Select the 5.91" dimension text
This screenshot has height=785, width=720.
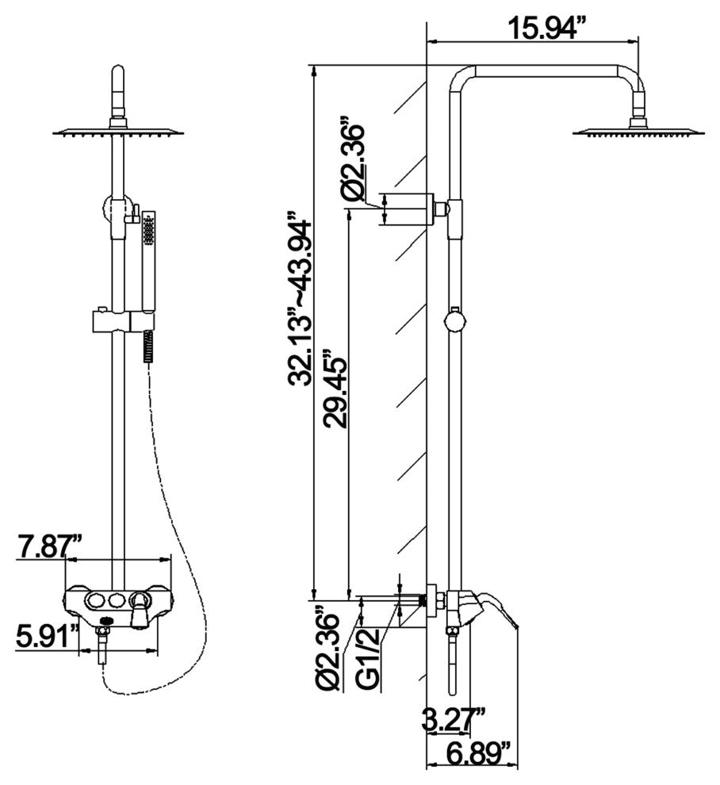(x=47, y=635)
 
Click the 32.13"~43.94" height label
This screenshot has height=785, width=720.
(x=300, y=300)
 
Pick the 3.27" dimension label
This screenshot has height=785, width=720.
(x=453, y=720)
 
